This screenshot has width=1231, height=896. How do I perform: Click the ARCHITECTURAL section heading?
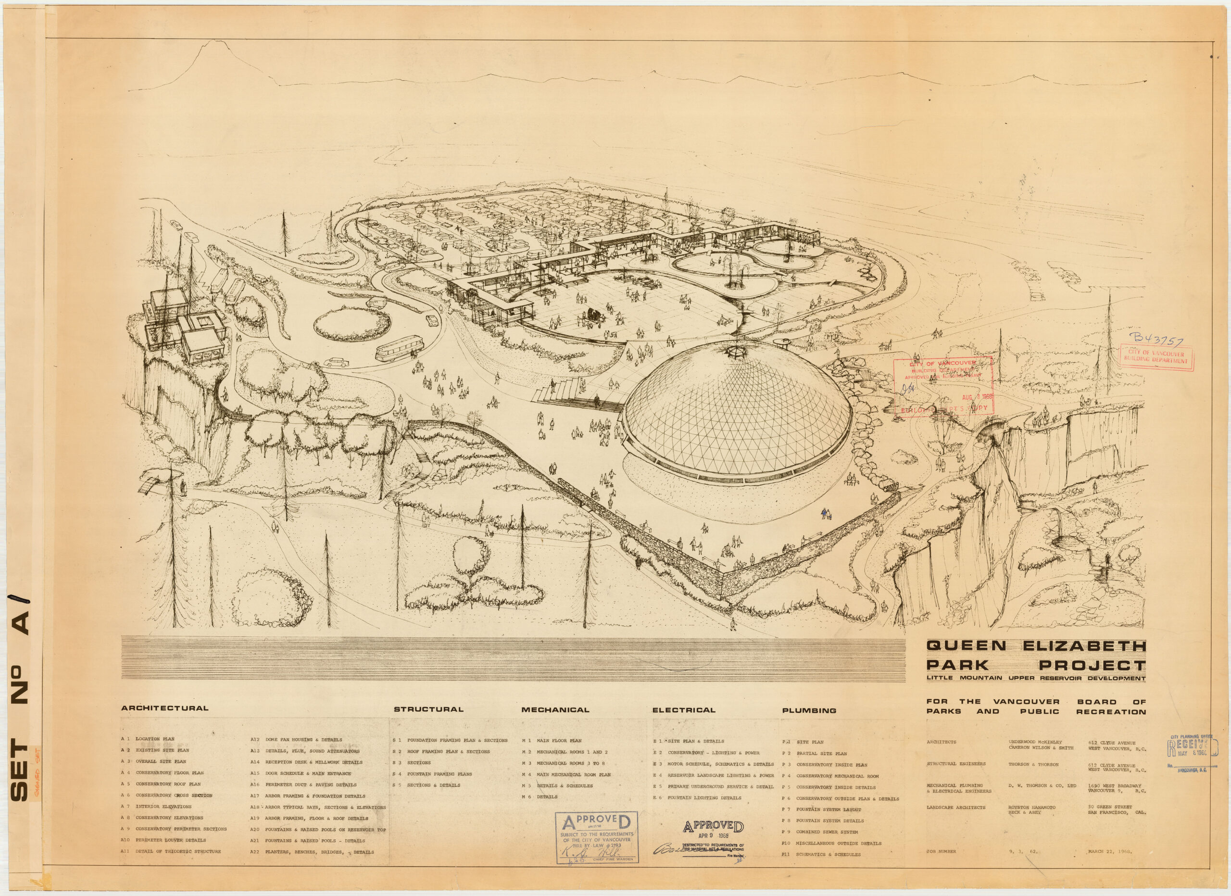click(164, 708)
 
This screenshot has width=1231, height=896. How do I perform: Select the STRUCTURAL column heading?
click(428, 709)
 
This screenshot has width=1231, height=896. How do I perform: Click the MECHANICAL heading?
click(555, 709)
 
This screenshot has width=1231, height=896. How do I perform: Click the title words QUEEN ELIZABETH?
click(1036, 646)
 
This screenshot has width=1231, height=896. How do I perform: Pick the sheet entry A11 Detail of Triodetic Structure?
click(171, 851)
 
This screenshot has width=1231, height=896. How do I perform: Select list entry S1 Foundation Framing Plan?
click(450, 740)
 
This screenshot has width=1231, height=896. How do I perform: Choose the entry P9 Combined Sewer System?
click(819, 832)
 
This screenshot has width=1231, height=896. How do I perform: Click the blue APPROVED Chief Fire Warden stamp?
click(596, 837)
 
